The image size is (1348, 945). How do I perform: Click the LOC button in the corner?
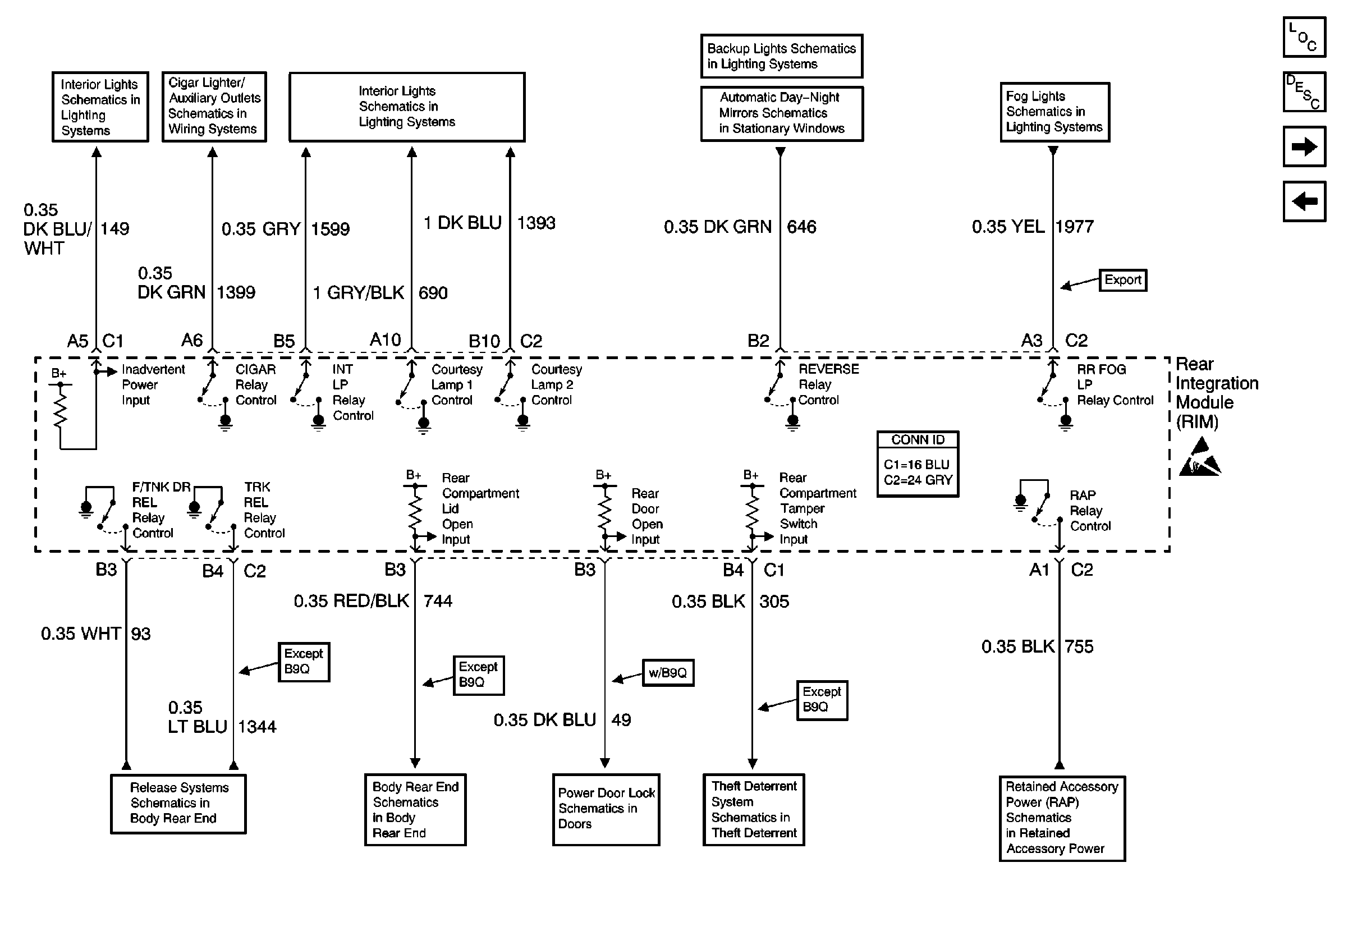point(1304,38)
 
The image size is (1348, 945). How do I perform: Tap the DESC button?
point(1304,91)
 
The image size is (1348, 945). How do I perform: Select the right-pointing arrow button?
point(1304,146)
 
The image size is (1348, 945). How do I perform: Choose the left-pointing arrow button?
point(1304,201)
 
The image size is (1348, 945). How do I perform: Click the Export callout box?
point(1122,280)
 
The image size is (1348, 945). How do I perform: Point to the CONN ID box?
point(918,464)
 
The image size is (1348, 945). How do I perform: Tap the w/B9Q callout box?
point(667,673)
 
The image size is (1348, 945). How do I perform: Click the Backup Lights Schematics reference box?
point(781,56)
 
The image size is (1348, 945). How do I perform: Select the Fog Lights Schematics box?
point(1054,112)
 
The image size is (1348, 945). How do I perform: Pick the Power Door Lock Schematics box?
point(606,809)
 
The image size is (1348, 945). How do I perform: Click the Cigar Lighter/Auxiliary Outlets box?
point(214,107)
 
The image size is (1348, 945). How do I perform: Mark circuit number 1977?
point(1074,227)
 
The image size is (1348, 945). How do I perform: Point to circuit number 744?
point(438,601)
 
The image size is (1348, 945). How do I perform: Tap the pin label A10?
point(385,340)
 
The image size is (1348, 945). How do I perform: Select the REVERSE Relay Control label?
point(828,384)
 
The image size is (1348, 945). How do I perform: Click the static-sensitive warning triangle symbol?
point(1200,457)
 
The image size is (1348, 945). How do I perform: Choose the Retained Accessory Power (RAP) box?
point(1061,818)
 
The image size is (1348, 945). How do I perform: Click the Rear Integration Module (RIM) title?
point(1216,393)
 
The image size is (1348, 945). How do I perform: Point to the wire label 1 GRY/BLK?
point(358,293)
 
